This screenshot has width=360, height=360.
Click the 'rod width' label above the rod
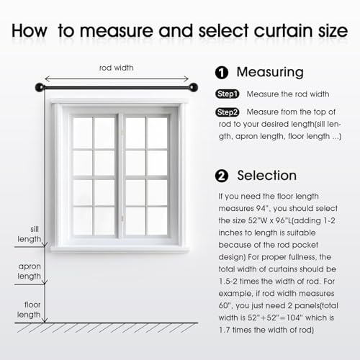click(x=117, y=68)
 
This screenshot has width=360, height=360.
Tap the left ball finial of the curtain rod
click(x=40, y=87)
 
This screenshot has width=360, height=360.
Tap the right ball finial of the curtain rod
click(x=194, y=87)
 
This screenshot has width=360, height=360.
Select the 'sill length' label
click(x=30, y=234)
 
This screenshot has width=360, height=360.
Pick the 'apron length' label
click(x=30, y=271)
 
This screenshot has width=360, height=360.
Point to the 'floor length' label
click(x=29, y=310)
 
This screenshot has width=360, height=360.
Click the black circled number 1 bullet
click(x=222, y=73)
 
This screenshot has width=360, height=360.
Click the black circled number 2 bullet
click(x=222, y=176)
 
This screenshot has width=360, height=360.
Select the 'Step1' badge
click(x=228, y=94)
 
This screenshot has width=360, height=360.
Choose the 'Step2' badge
click(x=228, y=112)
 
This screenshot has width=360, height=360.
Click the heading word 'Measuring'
click(x=270, y=73)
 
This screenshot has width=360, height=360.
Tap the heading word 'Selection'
click(x=267, y=176)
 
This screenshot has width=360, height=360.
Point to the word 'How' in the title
click(x=30, y=31)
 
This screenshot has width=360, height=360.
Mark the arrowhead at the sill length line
click(x=45, y=245)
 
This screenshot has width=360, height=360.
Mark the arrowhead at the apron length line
click(x=45, y=282)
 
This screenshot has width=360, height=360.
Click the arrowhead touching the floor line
click(x=45, y=320)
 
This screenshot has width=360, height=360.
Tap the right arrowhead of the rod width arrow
click(x=186, y=78)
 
